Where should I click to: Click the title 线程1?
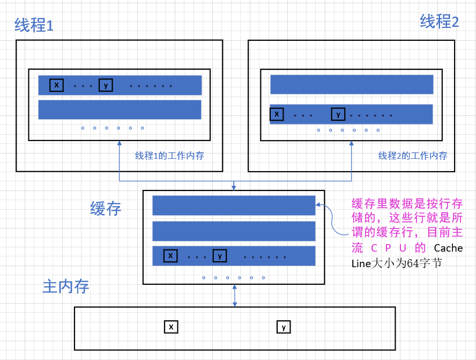(34, 25)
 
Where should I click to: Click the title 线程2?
(439, 22)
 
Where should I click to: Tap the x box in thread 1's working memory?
(56, 85)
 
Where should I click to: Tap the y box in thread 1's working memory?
(106, 85)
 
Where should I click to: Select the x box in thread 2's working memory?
(277, 114)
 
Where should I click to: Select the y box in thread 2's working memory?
(338, 114)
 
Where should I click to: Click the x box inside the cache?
(170, 256)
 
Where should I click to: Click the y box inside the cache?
(220, 256)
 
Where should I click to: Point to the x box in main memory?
(171, 327)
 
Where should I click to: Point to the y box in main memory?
(284, 327)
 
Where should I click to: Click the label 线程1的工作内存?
(169, 156)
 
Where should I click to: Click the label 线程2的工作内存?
(412, 156)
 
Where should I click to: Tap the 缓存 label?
(106, 209)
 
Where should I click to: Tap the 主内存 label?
(65, 286)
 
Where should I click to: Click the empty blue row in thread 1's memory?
(120, 109)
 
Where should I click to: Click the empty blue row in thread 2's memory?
(352, 85)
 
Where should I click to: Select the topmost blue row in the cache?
(234, 205)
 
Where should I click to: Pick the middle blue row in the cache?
(234, 231)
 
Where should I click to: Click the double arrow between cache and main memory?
(234, 296)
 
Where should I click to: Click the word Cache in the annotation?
(448, 248)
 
